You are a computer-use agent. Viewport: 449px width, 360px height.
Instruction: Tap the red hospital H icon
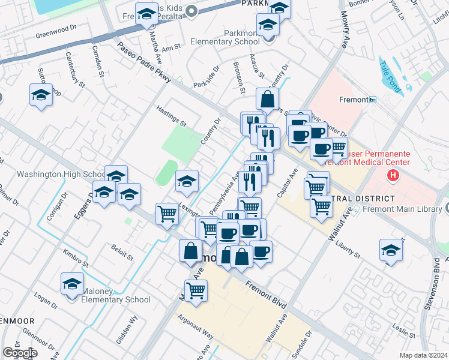[393, 175]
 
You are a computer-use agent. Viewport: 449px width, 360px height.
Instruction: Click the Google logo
[19, 353]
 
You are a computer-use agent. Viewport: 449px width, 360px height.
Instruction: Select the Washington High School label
[61, 175]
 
